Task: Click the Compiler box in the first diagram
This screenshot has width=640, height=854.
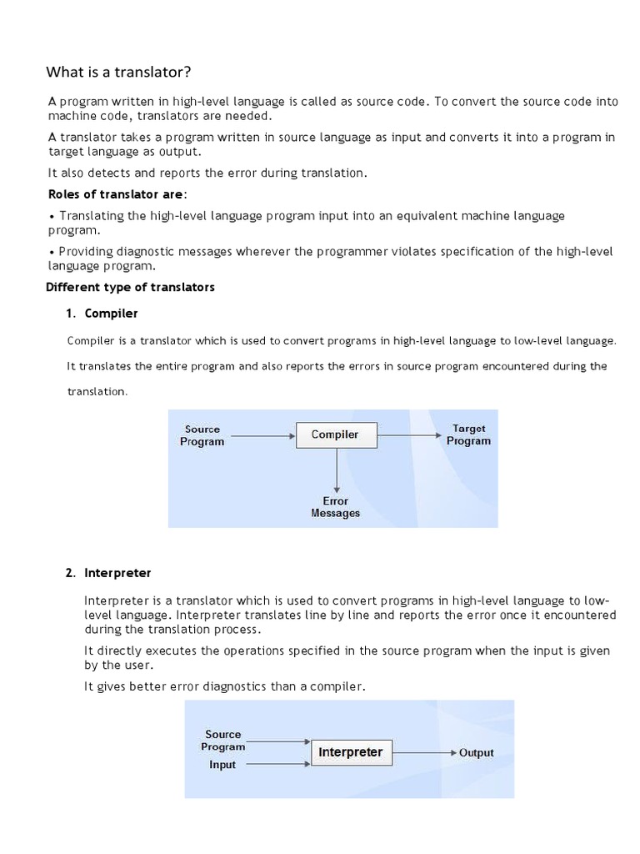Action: (335, 435)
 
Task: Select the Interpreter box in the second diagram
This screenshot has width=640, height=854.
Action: (350, 752)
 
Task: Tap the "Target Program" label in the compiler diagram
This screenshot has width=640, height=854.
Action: (468, 435)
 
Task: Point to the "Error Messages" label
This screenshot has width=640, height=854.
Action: (335, 507)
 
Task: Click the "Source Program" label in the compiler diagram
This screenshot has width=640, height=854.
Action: (202, 435)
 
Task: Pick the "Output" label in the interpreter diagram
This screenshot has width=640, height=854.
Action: (477, 752)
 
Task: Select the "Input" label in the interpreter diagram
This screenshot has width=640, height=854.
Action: (222, 765)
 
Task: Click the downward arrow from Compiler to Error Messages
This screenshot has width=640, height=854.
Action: (336, 471)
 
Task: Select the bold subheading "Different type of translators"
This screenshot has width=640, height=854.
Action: (130, 287)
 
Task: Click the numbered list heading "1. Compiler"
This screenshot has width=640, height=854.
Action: (102, 314)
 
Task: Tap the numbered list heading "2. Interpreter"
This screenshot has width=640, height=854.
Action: (109, 573)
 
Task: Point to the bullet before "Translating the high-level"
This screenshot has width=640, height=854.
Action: (52, 216)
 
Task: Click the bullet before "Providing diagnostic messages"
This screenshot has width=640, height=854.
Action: (52, 251)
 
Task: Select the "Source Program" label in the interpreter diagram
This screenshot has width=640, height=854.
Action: (223, 741)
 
